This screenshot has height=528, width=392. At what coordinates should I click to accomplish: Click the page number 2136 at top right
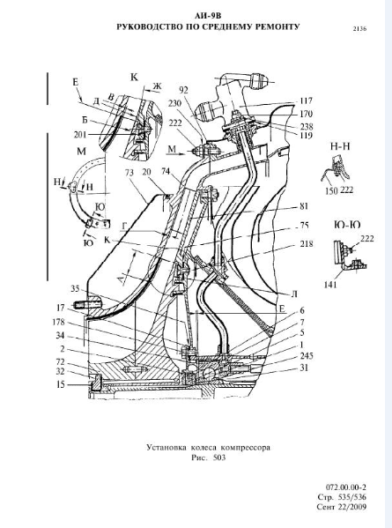point(359,29)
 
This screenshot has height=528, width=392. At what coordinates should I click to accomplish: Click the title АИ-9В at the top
point(208,16)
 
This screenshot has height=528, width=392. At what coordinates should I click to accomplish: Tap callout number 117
point(306,100)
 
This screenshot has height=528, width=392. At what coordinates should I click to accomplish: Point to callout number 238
point(307,126)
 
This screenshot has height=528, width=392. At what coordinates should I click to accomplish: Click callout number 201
point(80,135)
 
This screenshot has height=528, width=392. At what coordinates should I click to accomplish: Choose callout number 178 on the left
point(58,323)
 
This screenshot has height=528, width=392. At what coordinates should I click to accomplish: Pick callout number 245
point(307,356)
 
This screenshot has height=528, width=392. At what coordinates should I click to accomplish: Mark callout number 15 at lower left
point(60,383)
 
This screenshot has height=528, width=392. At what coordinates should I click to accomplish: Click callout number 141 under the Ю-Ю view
point(330,285)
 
